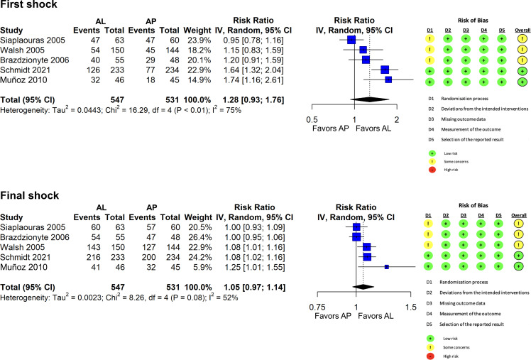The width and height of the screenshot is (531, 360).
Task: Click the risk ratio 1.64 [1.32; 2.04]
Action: [x=263, y=70]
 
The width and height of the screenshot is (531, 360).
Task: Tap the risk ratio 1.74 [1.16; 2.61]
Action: [x=263, y=80]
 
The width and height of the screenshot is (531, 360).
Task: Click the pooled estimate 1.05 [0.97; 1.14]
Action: [x=263, y=286]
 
